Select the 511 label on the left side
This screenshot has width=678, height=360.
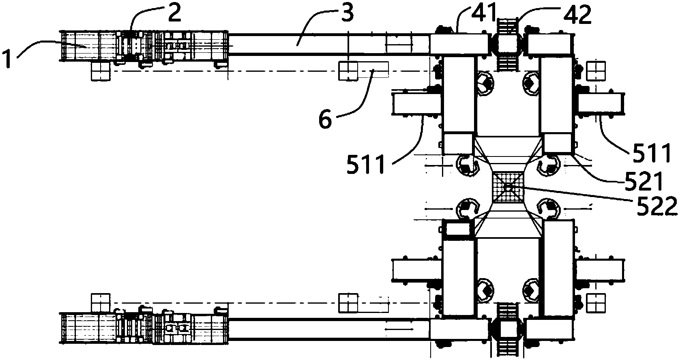[x=367, y=166]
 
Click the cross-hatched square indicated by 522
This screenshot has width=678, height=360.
[x=508, y=187]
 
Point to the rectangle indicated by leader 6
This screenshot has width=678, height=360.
[x=373, y=69]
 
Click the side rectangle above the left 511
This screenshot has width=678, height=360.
[x=416, y=103]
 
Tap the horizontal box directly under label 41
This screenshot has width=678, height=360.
[x=459, y=44]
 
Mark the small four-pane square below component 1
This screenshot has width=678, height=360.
[x=101, y=71]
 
